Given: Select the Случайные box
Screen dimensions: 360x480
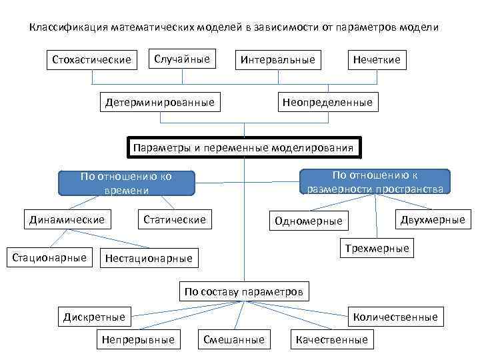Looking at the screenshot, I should pyautogui.click(x=182, y=59).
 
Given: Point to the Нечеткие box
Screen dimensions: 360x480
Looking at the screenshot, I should pyautogui.click(x=377, y=60).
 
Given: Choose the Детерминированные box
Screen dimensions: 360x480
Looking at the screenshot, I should pyautogui.click(x=160, y=103).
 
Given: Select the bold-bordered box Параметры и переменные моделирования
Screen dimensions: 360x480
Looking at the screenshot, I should pyautogui.click(x=244, y=148).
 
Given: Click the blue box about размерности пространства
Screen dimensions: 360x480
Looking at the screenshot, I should pyautogui.click(x=375, y=181).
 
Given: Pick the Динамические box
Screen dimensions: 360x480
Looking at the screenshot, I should pyautogui.click(x=67, y=219).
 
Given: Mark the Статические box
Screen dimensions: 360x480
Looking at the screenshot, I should pyautogui.click(x=175, y=219).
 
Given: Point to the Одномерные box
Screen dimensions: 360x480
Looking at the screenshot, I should pyautogui.click(x=309, y=221).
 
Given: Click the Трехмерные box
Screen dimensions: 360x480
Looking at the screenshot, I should pyautogui.click(x=377, y=249).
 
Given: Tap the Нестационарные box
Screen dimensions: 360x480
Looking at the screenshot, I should pyautogui.click(x=149, y=258).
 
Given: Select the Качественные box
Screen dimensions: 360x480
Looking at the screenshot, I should pyautogui.click(x=331, y=340).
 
